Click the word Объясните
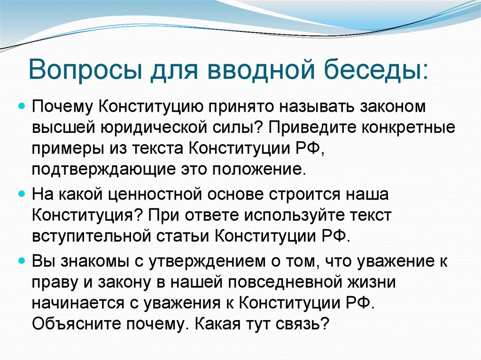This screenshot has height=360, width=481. [70, 324]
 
